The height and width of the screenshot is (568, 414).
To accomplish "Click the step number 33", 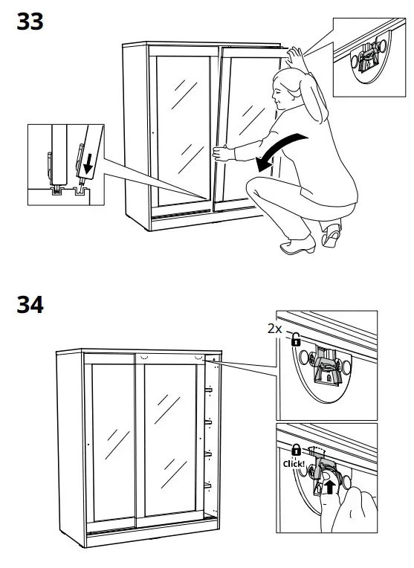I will (30, 22).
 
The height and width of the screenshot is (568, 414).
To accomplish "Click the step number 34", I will (30, 304).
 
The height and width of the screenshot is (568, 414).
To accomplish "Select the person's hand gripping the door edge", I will (221, 154).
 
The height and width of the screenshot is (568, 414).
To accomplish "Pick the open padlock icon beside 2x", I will (295, 340).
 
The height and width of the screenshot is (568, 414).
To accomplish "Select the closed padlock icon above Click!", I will (295, 451).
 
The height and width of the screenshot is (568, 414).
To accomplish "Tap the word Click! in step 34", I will (295, 464).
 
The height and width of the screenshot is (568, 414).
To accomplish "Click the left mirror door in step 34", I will (110, 438).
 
